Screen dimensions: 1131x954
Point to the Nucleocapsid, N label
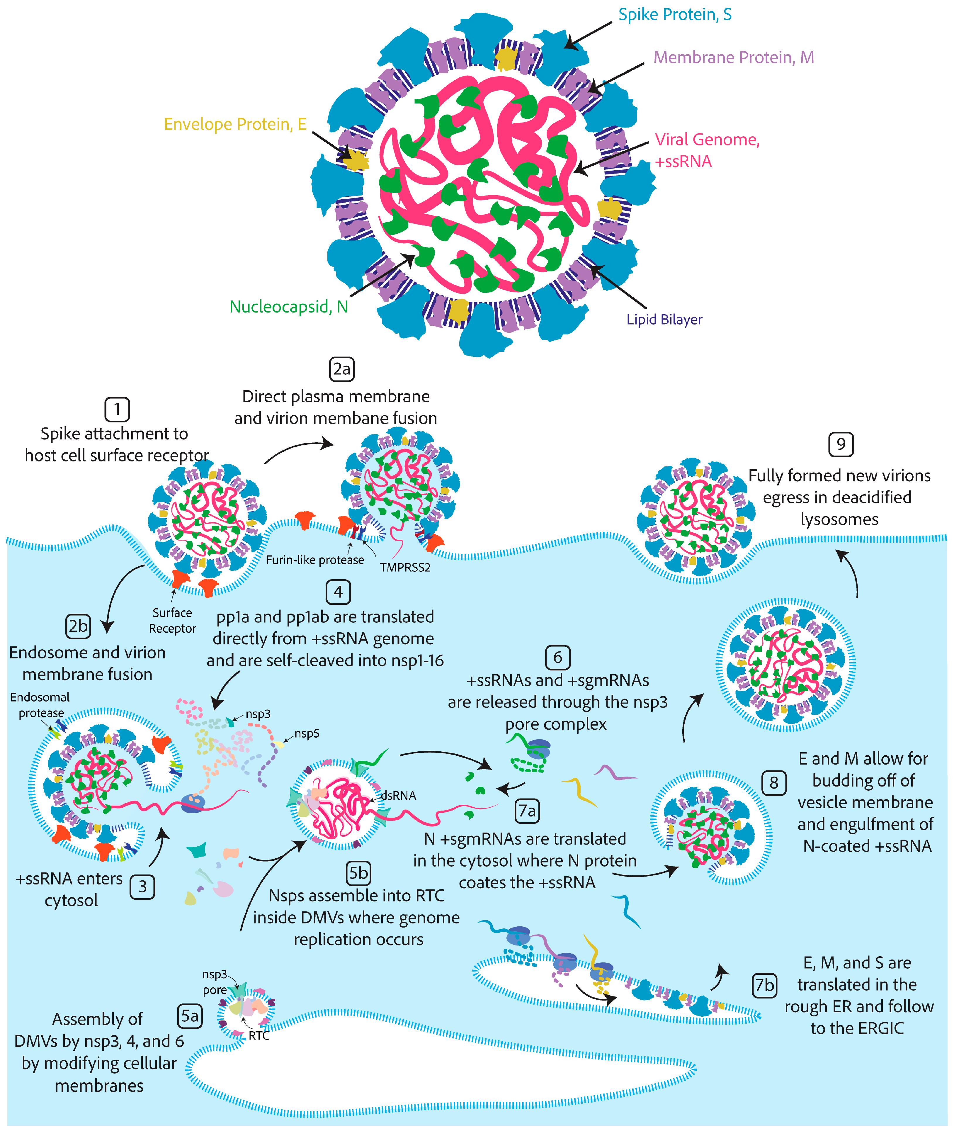[x=288, y=307]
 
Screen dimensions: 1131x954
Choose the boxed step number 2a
[x=342, y=369]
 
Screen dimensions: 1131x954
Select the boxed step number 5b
[x=358, y=872]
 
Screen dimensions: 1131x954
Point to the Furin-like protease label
[x=315, y=560]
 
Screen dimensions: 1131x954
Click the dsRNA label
[x=399, y=796]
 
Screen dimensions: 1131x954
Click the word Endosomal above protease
[x=40, y=697]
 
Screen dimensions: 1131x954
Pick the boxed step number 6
[x=557, y=658]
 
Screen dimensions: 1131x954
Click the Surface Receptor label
[x=172, y=620]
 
